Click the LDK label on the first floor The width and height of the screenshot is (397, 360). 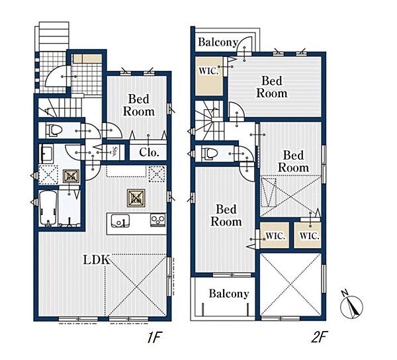(97, 260)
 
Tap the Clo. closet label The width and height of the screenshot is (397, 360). (149, 152)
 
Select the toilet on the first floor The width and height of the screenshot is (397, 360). (54, 130)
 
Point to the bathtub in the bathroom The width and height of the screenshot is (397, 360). (48, 208)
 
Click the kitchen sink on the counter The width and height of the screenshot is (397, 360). (120, 221)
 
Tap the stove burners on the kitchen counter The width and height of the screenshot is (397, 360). (158, 220)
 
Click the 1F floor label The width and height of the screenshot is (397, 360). (155, 337)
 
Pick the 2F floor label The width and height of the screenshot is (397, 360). (320, 337)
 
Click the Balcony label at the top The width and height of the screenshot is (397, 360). (218, 42)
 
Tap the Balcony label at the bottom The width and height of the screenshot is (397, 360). (229, 294)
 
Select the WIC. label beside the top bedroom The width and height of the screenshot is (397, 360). (208, 71)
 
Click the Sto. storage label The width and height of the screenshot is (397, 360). (115, 152)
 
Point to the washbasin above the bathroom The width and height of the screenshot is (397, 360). (46, 154)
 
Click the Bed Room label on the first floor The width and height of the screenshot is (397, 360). (139, 105)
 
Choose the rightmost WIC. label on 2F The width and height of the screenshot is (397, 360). (310, 236)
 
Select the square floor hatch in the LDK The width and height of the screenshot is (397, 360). (136, 199)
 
